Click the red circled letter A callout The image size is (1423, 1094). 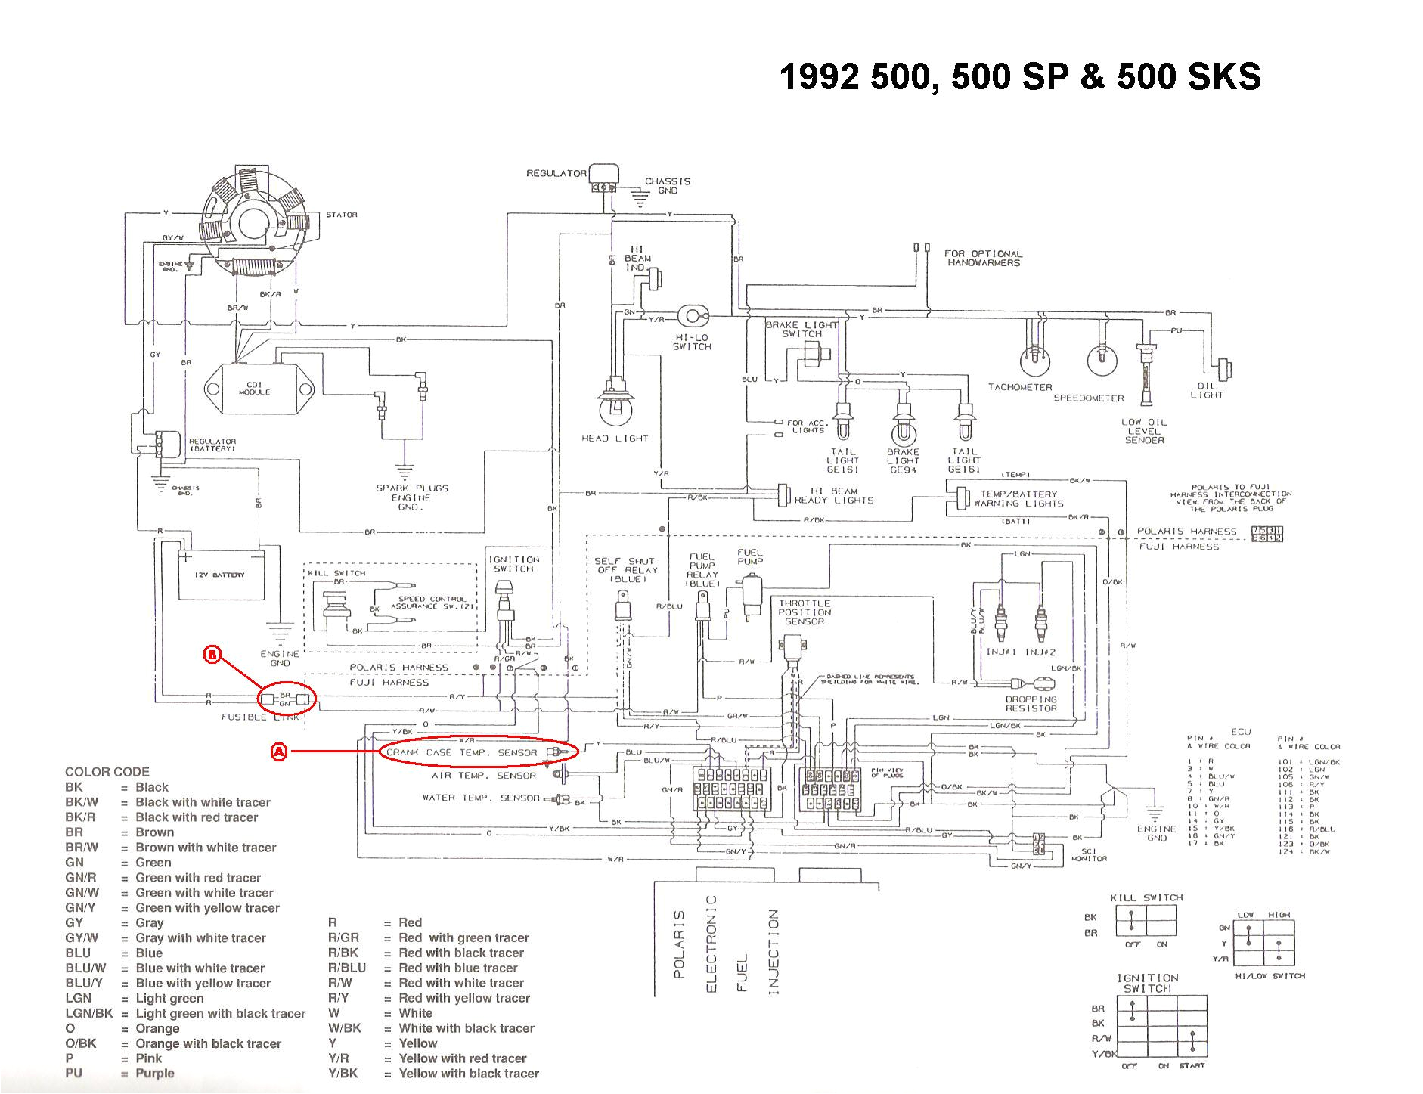click(x=279, y=752)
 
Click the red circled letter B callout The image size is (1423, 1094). click(x=212, y=655)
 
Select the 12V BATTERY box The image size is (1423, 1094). click(x=219, y=575)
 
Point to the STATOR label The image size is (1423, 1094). click(x=342, y=215)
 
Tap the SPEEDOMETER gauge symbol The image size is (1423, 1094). click(x=1100, y=362)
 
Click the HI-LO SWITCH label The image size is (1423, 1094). click(x=692, y=342)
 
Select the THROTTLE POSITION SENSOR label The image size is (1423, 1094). click(x=805, y=612)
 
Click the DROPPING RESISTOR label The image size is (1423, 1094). click(x=1031, y=704)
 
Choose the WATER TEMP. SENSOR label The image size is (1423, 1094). click(x=481, y=798)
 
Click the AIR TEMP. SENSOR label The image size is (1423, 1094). click(x=484, y=776)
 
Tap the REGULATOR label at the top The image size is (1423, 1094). click(x=556, y=173)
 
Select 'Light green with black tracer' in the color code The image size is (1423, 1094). click(x=220, y=1013)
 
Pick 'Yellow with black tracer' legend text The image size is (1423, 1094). click(x=469, y=1073)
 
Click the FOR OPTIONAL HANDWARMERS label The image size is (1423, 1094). click(x=983, y=258)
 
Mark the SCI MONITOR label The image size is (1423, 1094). click(x=1089, y=854)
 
